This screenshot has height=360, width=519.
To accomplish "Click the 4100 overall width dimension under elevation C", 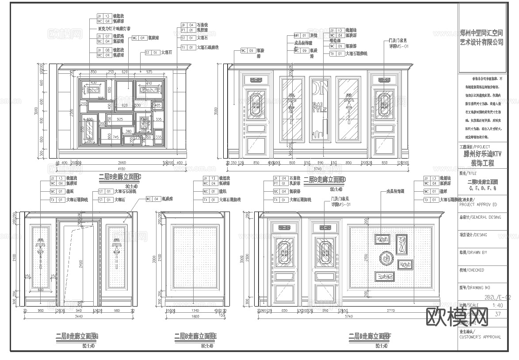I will point(121,168).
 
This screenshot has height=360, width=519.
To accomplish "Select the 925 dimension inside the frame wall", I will point(120,119).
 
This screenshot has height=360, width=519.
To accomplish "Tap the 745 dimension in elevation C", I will point(116,137).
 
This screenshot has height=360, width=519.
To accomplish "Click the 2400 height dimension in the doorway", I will point(81,263).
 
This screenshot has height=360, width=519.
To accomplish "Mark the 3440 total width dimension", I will point(78,317).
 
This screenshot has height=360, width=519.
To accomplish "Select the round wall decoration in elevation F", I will point(386,258).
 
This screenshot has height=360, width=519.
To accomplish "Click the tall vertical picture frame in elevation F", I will point(401,244).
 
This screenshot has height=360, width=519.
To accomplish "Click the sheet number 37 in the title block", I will point(498,314).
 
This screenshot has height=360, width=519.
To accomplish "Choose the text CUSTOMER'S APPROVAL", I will point(480,337).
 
